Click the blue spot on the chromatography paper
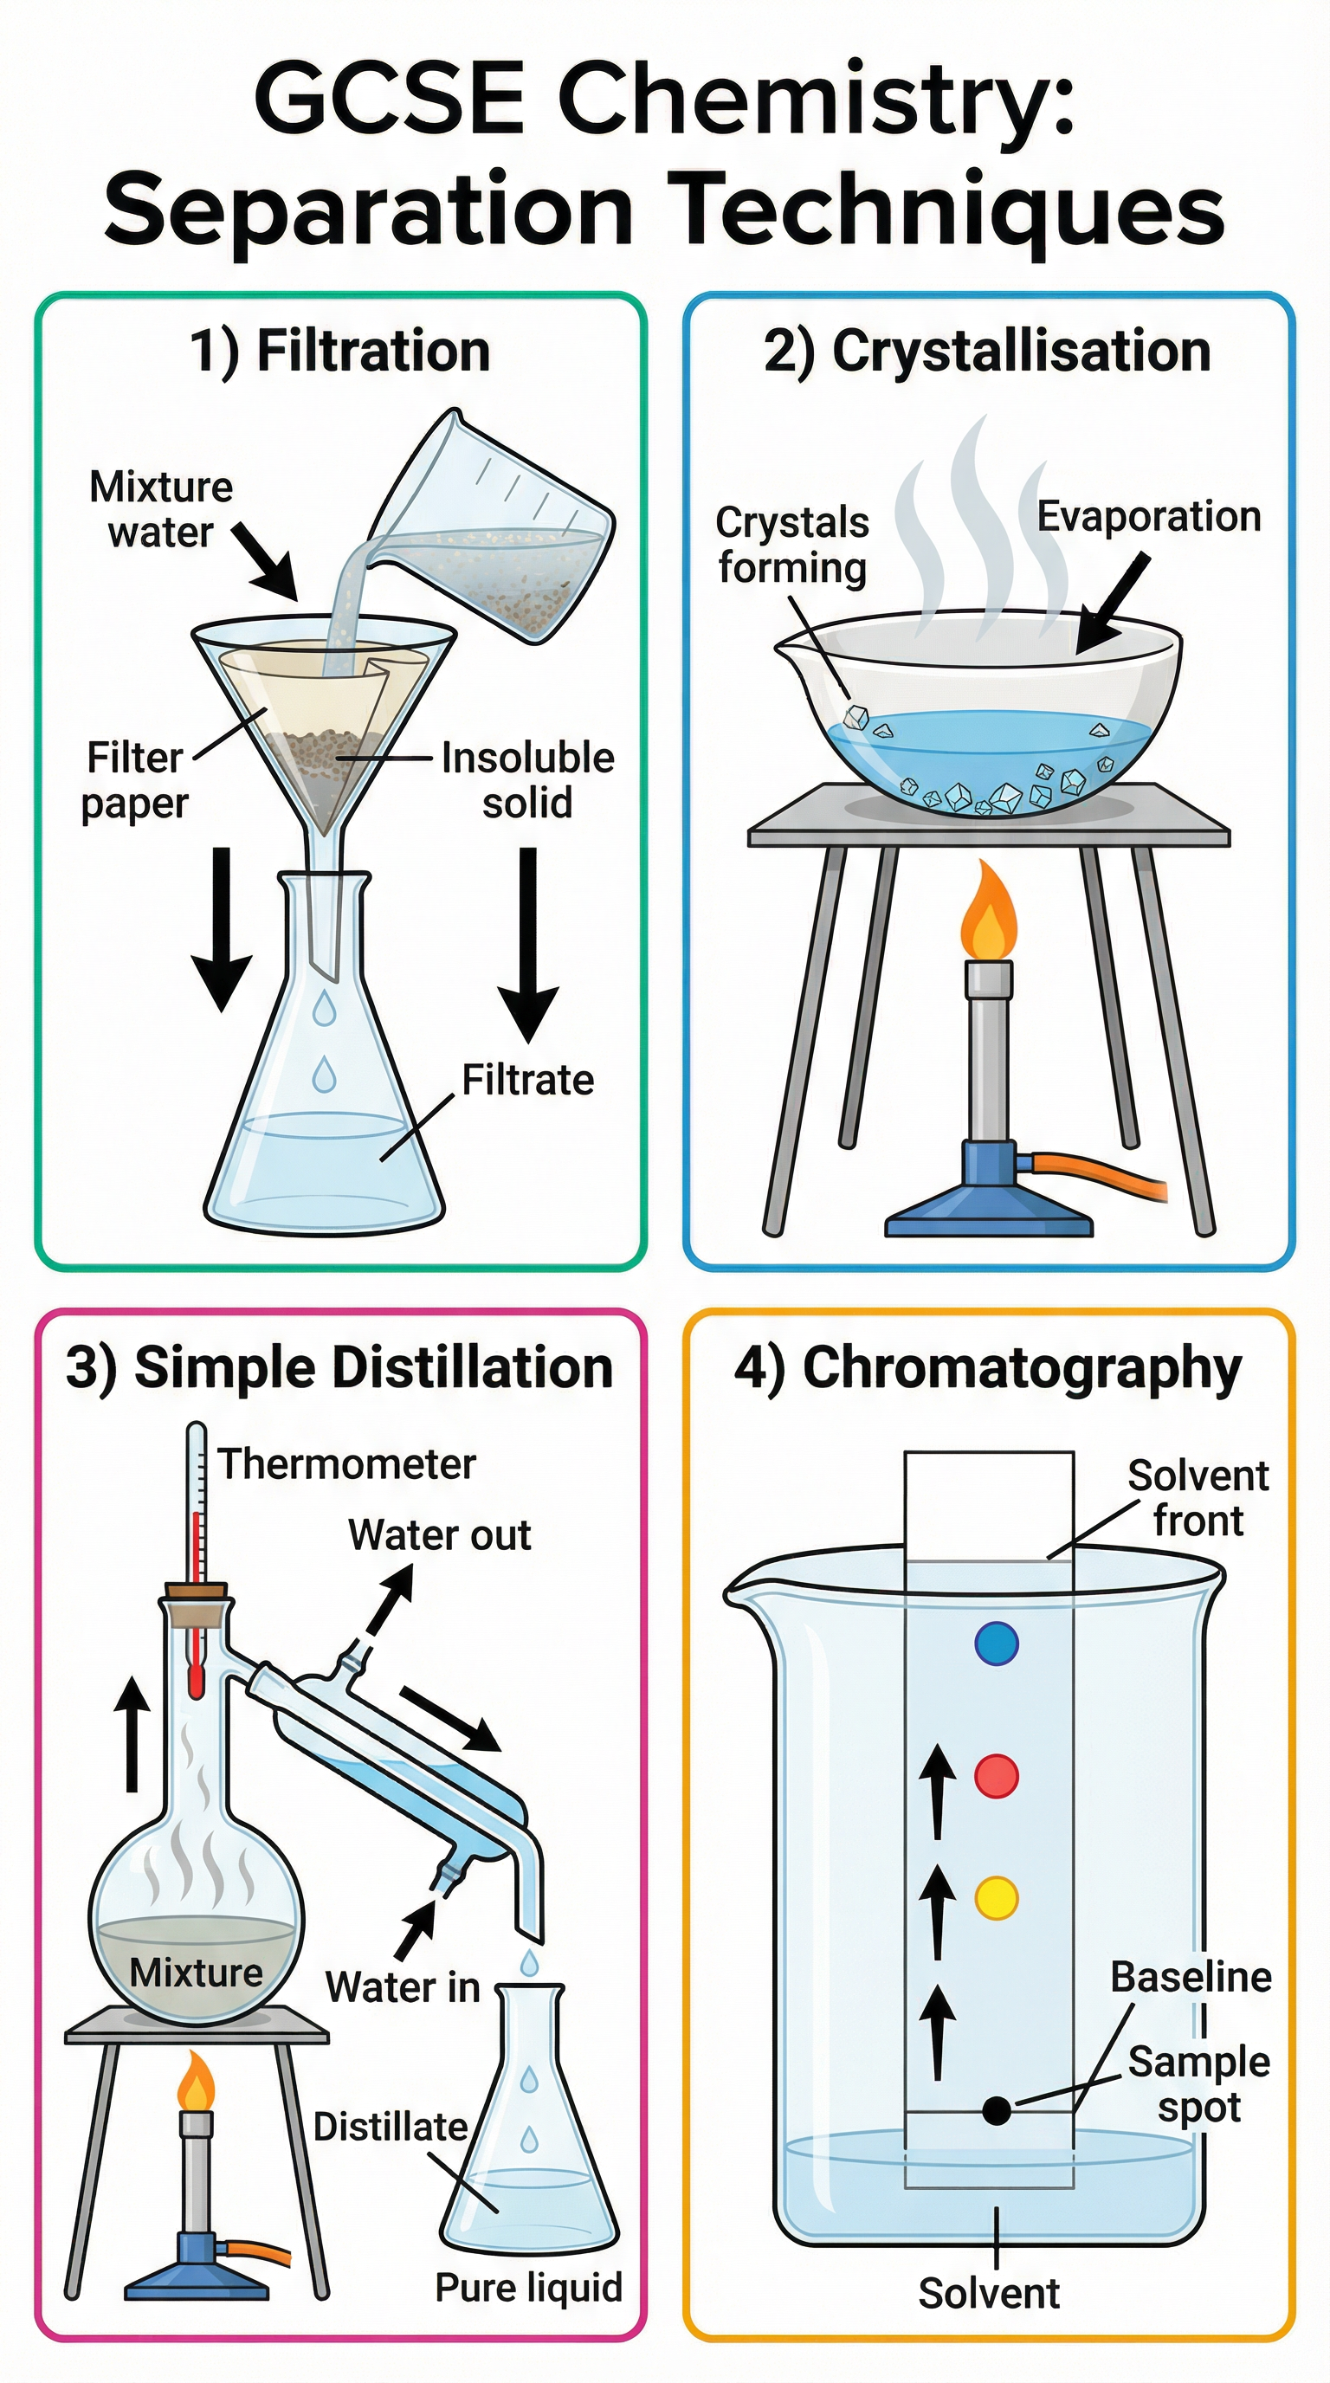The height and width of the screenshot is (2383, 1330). [997, 1644]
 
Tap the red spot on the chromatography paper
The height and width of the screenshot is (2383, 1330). [997, 1775]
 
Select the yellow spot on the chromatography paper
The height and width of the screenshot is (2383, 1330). [997, 1897]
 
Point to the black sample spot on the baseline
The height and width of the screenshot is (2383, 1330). [996, 2110]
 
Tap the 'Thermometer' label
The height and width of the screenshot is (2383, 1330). [345, 1464]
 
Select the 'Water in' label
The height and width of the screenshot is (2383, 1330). [403, 1987]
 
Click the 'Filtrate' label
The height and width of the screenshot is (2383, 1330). [527, 1081]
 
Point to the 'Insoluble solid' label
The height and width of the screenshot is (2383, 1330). [527, 780]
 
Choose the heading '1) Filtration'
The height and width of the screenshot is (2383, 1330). [339, 352]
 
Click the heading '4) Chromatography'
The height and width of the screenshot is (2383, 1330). [987, 1367]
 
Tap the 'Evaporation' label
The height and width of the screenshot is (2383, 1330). [1149, 516]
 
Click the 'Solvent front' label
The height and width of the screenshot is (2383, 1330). [1198, 1498]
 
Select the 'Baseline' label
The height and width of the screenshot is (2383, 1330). [1191, 1978]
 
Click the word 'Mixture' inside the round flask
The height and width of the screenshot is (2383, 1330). [196, 1973]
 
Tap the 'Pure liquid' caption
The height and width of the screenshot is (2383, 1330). [528, 2288]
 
